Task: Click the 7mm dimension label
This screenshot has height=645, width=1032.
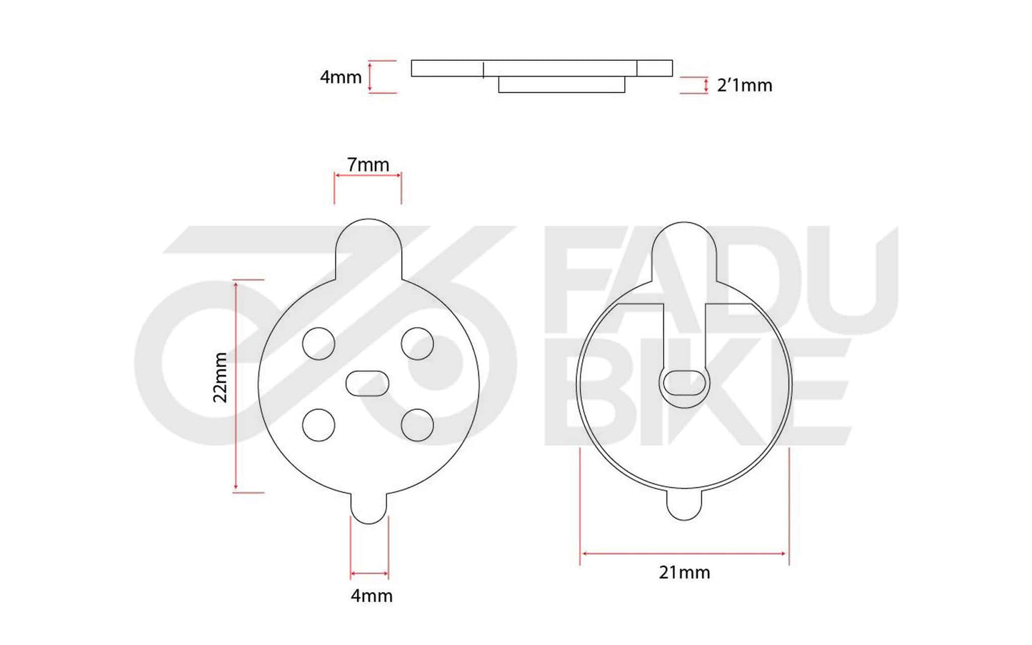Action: tap(368, 165)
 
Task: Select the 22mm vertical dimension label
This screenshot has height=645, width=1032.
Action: tap(221, 377)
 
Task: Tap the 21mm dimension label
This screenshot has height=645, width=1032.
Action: tap(684, 572)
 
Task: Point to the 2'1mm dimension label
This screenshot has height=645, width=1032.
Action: tap(744, 86)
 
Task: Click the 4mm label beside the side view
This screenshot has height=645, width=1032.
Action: tap(341, 77)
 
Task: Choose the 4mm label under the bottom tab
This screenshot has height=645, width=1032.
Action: tap(371, 596)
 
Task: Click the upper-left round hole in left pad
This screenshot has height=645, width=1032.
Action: tap(319, 344)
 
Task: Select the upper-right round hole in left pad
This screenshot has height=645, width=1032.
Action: tap(417, 344)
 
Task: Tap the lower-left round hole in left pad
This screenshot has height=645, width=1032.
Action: tap(319, 426)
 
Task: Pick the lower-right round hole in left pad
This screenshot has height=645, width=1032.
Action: tap(417, 426)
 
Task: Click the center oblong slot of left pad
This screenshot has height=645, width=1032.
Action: tap(367, 384)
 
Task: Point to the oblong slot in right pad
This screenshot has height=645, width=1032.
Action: tap(685, 383)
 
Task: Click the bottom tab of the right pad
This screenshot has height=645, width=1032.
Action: tap(684, 504)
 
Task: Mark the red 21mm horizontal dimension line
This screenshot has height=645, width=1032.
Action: tap(684, 553)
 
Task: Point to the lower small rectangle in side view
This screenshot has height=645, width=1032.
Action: tap(561, 85)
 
